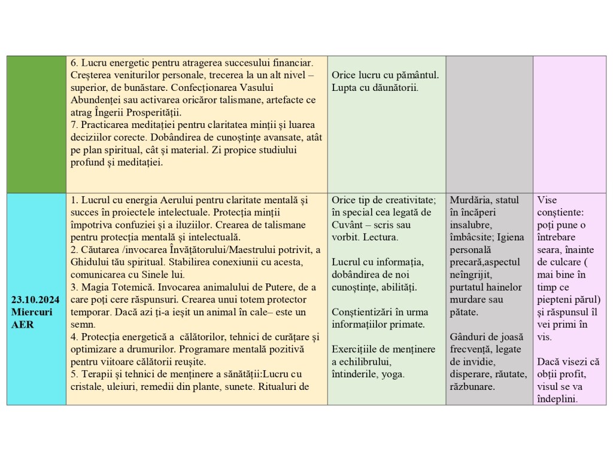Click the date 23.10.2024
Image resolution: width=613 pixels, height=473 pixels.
pos(36,300)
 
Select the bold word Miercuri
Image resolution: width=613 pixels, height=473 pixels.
pos(31,312)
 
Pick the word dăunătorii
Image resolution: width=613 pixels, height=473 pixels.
pos(394,88)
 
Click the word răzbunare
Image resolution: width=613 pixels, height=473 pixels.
pos(472,386)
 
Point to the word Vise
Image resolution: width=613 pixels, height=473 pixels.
pos(547,200)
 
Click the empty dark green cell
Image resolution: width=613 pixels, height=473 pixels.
pos(37,124)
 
